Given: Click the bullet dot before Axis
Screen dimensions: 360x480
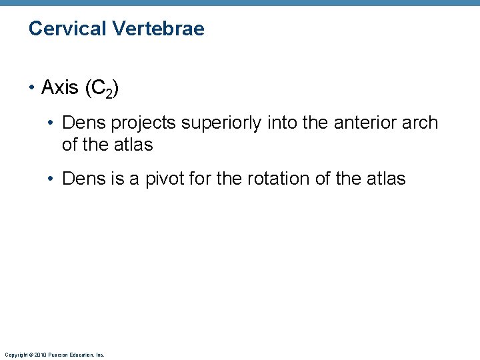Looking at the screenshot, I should pos(33,88).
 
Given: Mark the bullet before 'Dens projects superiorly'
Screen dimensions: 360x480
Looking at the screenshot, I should pos(53,123).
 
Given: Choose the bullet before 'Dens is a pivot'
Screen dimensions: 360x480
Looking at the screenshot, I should pos(53,179).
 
